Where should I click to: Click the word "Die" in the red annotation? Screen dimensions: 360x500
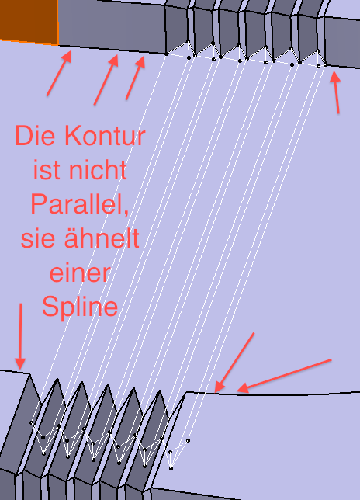(x=35, y=136)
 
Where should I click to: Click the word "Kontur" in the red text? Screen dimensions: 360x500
(x=106, y=136)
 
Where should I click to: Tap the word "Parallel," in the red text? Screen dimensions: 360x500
(x=80, y=204)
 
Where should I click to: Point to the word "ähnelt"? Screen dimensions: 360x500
(x=102, y=238)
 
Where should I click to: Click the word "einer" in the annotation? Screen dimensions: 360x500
(x=80, y=273)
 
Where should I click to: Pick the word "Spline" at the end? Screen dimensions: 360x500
(x=80, y=307)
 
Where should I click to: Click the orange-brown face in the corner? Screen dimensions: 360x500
(x=28, y=20)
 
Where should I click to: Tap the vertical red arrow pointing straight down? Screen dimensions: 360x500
(x=20, y=336)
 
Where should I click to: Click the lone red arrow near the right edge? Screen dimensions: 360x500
(x=335, y=92)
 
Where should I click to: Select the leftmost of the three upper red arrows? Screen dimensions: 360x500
(x=59, y=73)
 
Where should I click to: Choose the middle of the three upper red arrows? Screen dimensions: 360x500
(x=106, y=79)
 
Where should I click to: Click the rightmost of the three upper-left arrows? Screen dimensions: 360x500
(x=136, y=78)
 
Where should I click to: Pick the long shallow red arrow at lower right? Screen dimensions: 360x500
(x=284, y=376)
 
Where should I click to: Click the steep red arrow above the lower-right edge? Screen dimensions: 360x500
(x=234, y=363)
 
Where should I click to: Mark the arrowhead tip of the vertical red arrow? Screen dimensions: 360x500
(x=20, y=370)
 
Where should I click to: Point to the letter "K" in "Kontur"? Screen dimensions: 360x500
(x=72, y=136)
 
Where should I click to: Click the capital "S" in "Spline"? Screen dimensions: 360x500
(x=50, y=306)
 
